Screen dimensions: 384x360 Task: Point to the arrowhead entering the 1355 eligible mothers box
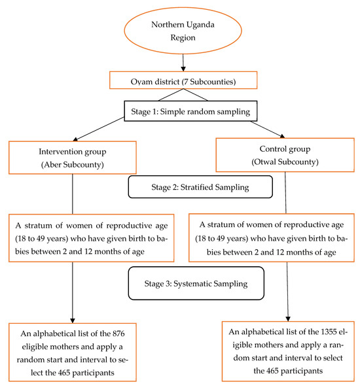click(x=288, y=315)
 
